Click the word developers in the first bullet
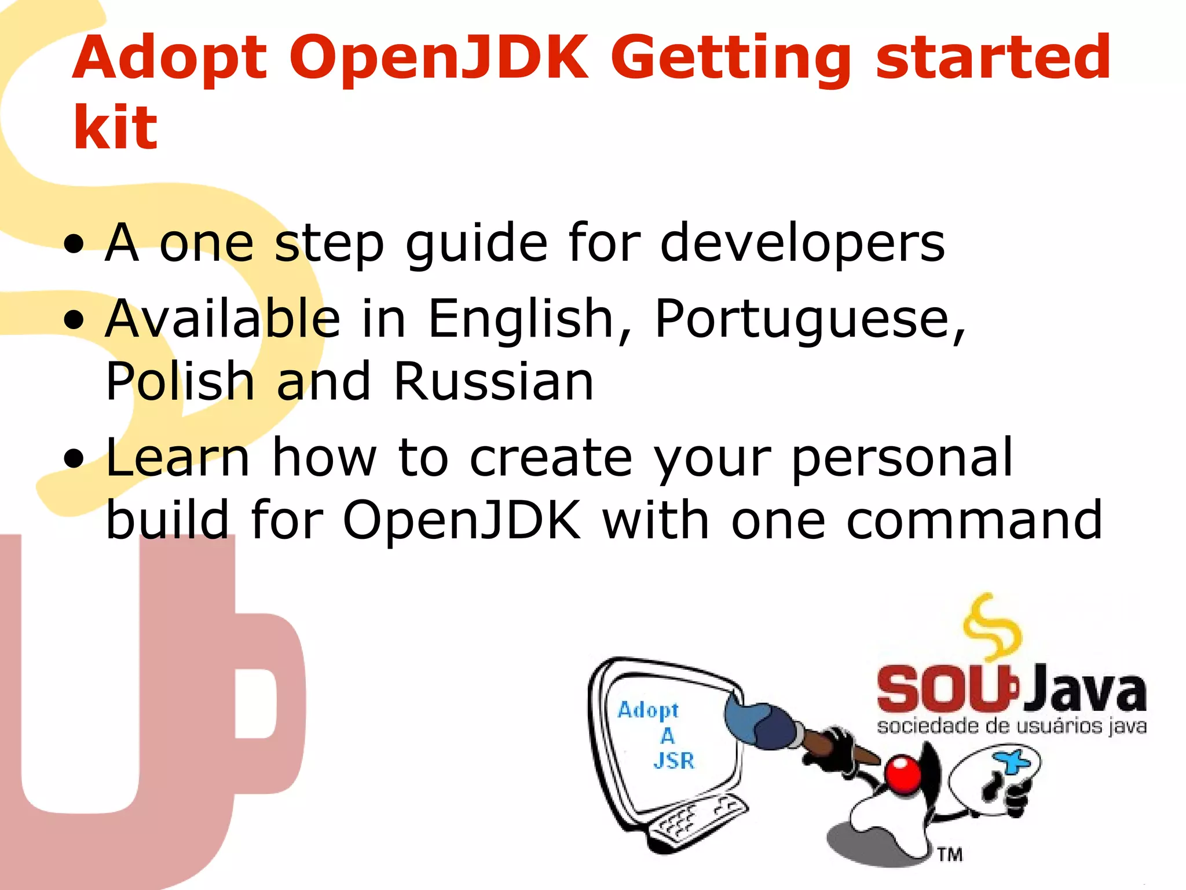pyautogui.click(x=803, y=243)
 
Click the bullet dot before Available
pyautogui.click(x=74, y=320)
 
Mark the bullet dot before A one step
pyautogui.click(x=74, y=244)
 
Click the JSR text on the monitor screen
pyautogui.click(x=673, y=760)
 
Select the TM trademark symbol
pyautogui.click(x=950, y=854)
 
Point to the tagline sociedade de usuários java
pyautogui.click(x=1011, y=726)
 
